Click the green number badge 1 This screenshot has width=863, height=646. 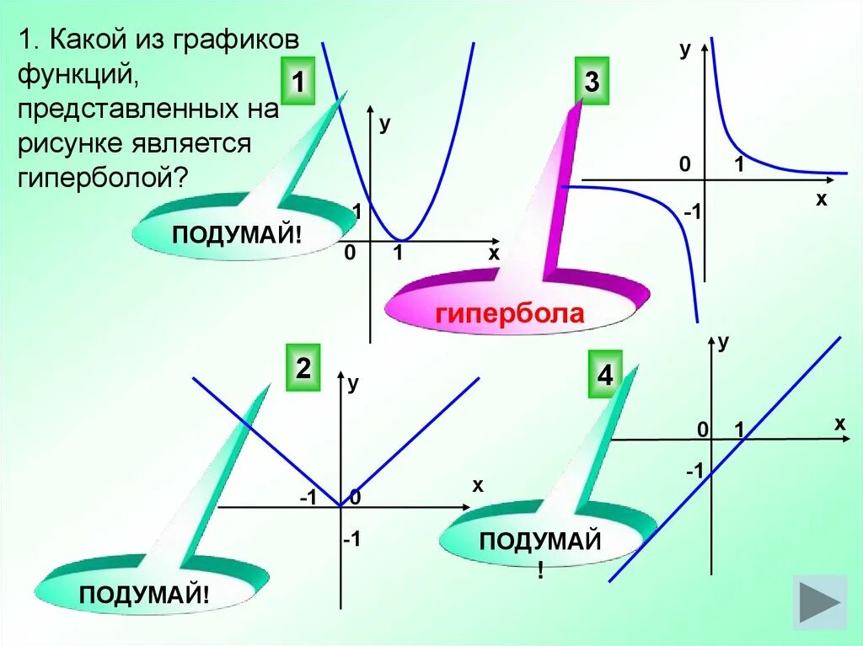click(x=297, y=83)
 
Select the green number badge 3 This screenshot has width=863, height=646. click(x=591, y=83)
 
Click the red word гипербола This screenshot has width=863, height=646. click(x=509, y=314)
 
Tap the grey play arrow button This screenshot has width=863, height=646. click(x=820, y=601)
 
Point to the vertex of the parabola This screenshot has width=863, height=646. click(x=403, y=239)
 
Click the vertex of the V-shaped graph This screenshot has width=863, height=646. click(x=340, y=507)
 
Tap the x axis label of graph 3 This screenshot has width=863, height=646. click(x=821, y=200)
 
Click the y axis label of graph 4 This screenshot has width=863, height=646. click(x=723, y=341)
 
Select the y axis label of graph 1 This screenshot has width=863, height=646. click(x=384, y=123)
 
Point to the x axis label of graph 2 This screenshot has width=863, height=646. click(x=478, y=485)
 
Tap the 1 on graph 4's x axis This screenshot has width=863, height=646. click(x=739, y=430)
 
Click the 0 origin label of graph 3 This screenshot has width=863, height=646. click(x=686, y=165)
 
